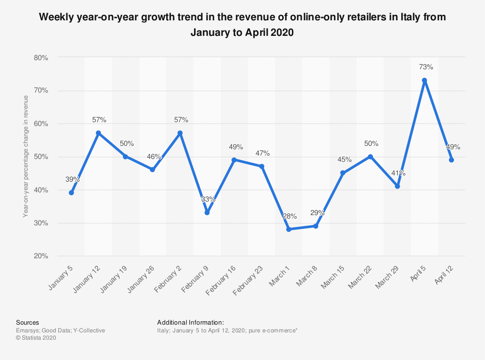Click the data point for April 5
tap(424, 80)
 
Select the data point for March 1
tap(289, 229)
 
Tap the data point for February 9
tap(207, 213)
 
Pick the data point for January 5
tap(71, 193)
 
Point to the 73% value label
tap(424, 67)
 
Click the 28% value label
tap(289, 216)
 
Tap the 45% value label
tap(343, 159)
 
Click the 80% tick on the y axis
tap(41, 58)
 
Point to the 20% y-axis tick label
tap(41, 256)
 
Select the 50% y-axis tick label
tap(41, 157)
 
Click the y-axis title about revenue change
tap(26, 157)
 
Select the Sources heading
tap(28, 322)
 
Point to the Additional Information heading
tap(191, 322)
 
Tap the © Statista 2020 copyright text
tap(36, 338)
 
